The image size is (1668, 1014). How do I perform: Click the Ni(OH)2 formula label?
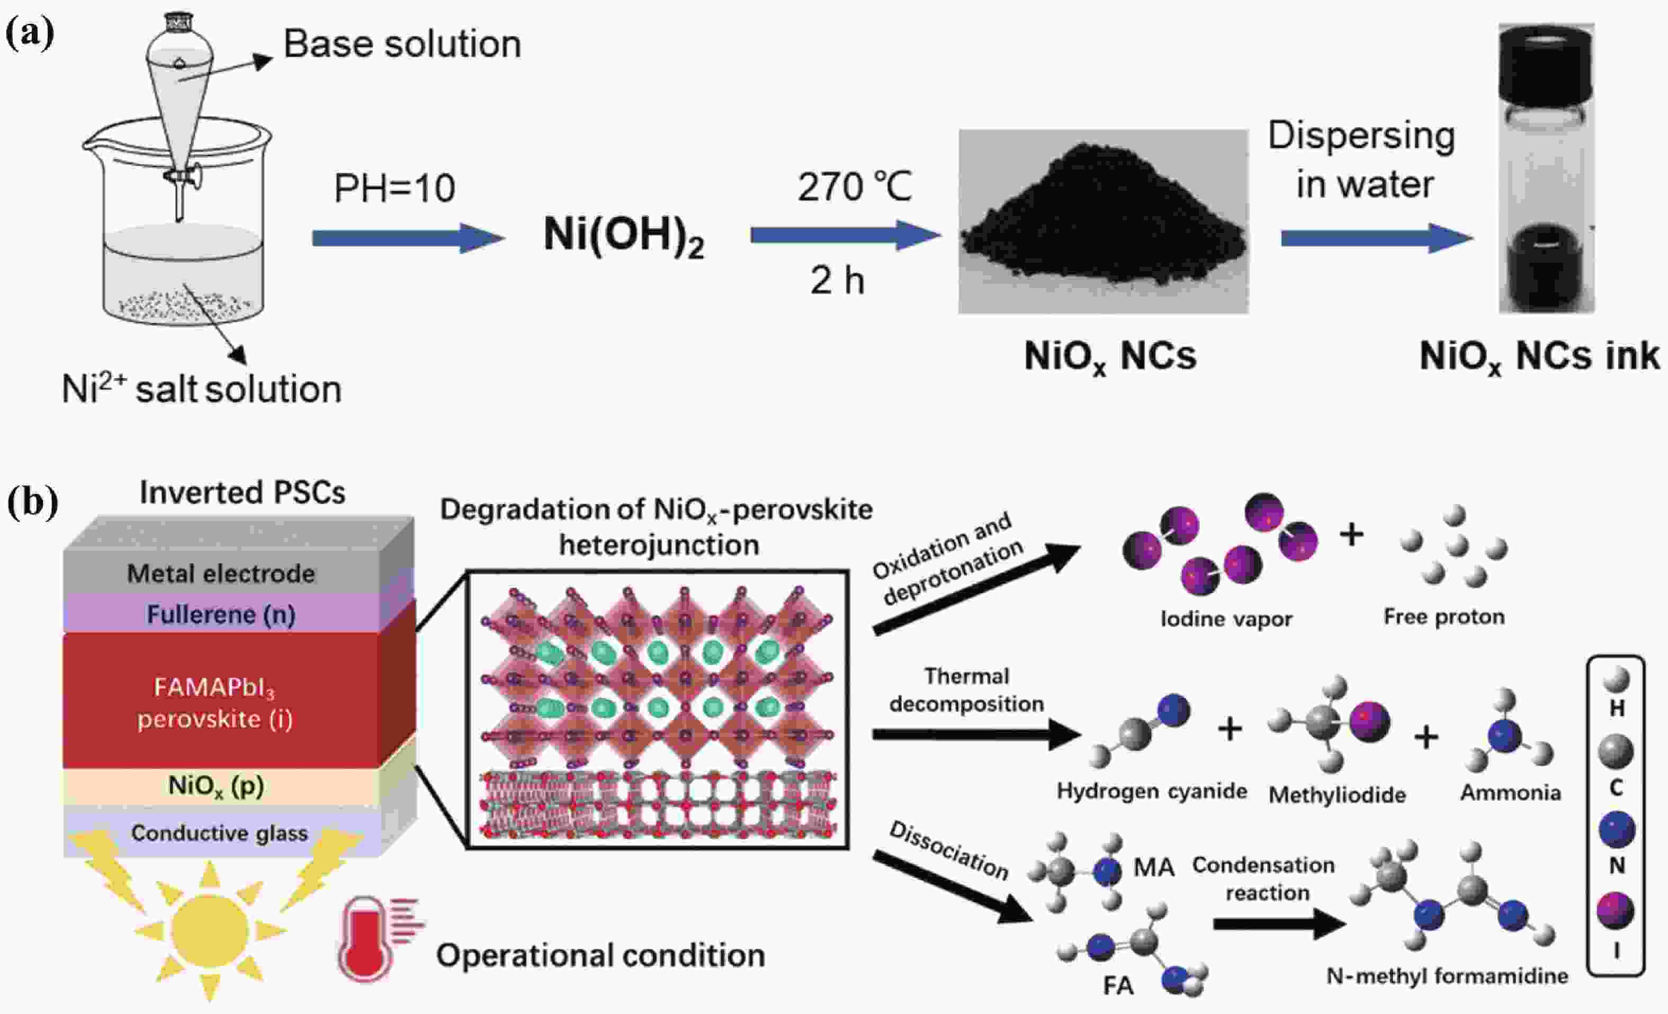pos(623,236)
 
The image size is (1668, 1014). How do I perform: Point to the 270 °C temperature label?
pos(854,187)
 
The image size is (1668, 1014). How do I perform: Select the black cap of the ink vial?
pos(1546,68)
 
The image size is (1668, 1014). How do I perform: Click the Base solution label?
pos(402,44)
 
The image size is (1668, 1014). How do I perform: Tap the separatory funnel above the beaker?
pos(180,88)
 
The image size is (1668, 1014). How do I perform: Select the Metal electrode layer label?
pos(221,574)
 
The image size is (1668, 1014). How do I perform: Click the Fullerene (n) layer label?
pos(221,615)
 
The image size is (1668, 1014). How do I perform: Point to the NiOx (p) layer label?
pos(216,786)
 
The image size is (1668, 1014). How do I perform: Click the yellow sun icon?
pos(209,931)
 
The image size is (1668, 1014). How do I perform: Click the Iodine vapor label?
pos(1226,618)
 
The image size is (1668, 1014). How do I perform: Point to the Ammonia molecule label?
pos(1510,793)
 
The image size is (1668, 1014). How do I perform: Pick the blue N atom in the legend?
pos(1617,830)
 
